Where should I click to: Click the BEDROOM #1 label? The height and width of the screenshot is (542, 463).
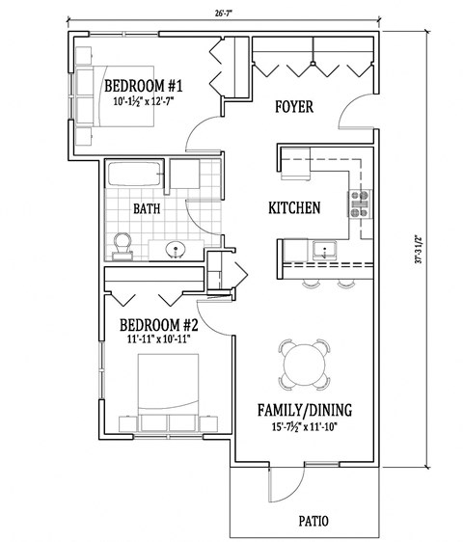click(x=144, y=84)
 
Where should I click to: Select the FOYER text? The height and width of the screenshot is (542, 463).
click(x=294, y=107)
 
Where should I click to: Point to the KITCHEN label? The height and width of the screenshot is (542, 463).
click(x=294, y=207)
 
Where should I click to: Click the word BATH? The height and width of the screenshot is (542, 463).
click(x=147, y=207)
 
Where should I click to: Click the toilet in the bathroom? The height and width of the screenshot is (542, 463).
click(x=123, y=245)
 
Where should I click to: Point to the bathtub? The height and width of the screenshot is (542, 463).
click(x=133, y=176)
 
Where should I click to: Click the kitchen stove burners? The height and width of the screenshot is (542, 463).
click(x=361, y=202)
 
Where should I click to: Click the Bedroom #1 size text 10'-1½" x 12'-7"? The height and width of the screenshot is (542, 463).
click(x=144, y=98)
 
